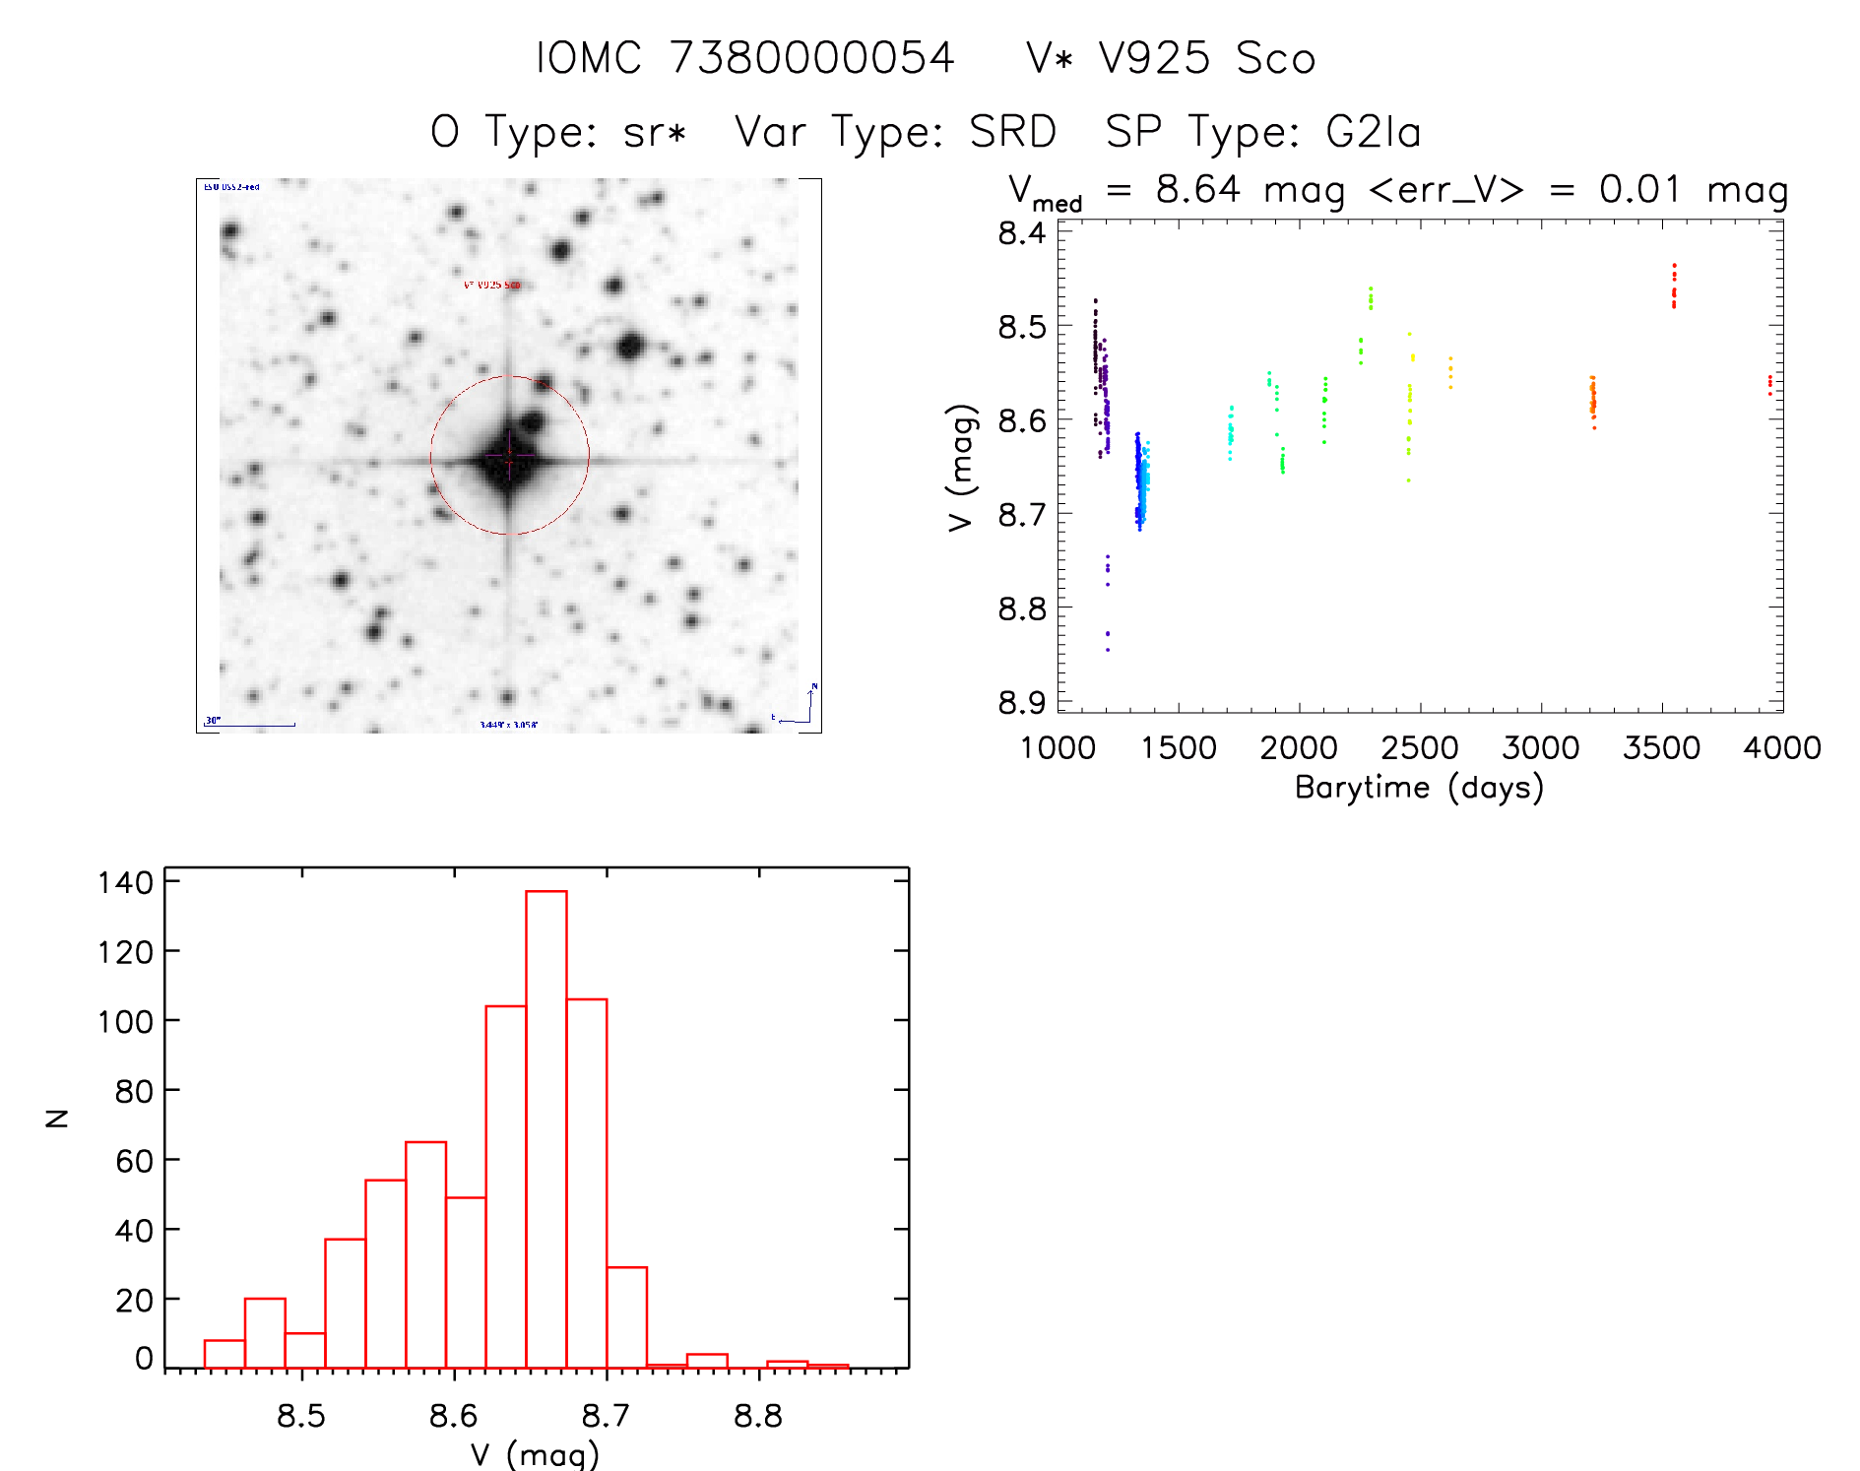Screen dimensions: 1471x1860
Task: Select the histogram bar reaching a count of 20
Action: [x=265, y=1333]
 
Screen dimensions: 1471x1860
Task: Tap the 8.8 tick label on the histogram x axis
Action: [x=758, y=1416]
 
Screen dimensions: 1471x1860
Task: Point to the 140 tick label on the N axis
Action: [x=125, y=882]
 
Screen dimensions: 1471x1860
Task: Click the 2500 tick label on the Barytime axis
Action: [x=1420, y=748]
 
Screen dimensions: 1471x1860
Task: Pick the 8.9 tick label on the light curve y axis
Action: [x=1021, y=703]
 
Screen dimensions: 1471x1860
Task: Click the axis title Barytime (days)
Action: [x=1419, y=788]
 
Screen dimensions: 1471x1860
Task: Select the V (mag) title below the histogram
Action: [x=535, y=1454]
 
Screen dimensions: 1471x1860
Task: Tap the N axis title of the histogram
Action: [x=57, y=1119]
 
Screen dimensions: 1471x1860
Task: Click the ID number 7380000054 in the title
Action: [x=811, y=58]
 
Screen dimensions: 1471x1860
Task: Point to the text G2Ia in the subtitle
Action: [x=1374, y=132]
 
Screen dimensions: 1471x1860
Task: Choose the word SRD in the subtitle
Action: [x=1012, y=132]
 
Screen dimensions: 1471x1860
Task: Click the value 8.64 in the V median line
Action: [x=1197, y=189]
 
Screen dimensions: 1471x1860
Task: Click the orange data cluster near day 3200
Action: [x=1592, y=400]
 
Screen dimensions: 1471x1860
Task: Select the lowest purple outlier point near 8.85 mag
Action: [x=1108, y=650]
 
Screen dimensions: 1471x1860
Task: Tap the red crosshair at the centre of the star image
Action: [x=509, y=456]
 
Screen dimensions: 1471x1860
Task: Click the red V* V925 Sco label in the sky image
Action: [x=491, y=286]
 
